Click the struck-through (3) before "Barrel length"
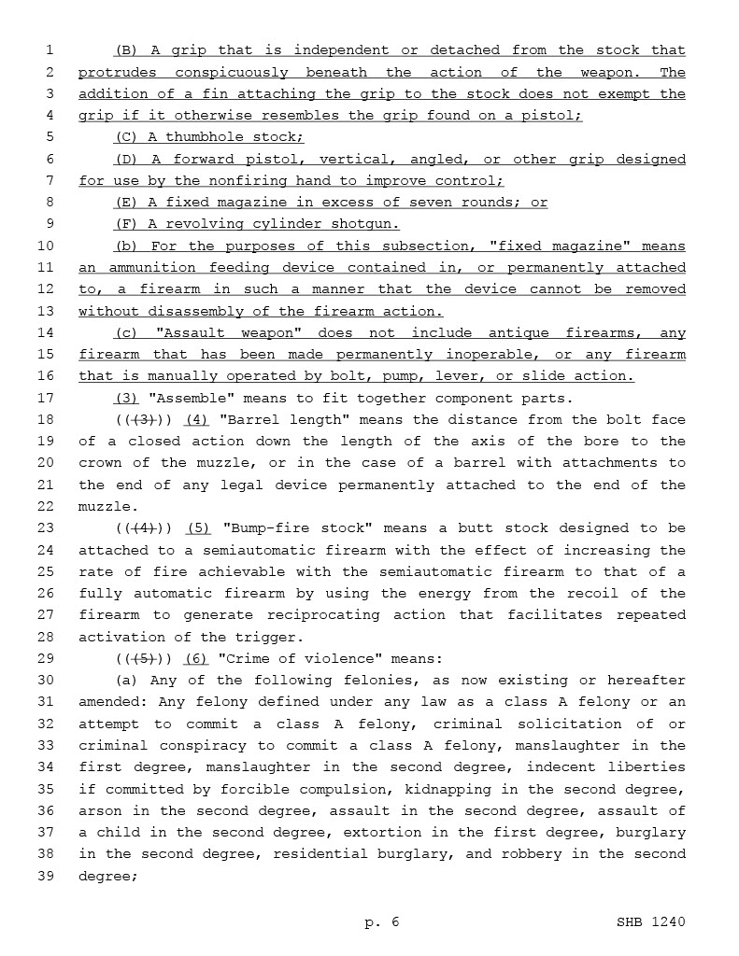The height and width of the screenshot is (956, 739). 144,420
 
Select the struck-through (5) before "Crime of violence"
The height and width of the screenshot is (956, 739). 144,659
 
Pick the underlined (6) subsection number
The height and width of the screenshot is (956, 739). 195,659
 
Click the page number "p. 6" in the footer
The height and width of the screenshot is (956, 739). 381,922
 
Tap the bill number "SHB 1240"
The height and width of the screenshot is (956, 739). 650,922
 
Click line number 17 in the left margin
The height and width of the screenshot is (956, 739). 48,398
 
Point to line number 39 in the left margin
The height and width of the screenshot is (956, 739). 48,876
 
